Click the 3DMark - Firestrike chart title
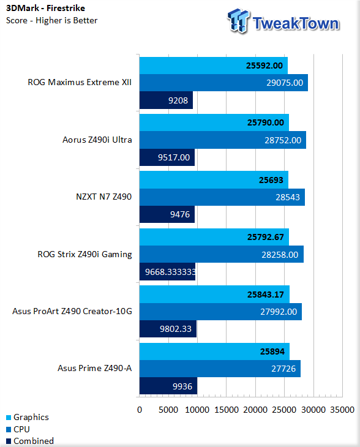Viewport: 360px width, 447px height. pyautogui.click(x=45, y=8)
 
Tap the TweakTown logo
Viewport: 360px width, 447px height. pyautogui.click(x=283, y=21)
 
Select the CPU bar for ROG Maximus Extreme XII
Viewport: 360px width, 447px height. pyautogui.click(x=223, y=83)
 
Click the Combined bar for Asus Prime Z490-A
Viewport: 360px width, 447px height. pyautogui.click(x=168, y=386)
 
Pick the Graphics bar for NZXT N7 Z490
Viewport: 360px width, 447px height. pyautogui.click(x=214, y=180)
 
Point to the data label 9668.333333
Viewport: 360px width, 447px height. pyautogui.click(x=170, y=272)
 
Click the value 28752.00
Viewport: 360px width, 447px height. pyautogui.click(x=283, y=140)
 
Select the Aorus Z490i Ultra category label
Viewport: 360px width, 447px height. pyautogui.click(x=97, y=140)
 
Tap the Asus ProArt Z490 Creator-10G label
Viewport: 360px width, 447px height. pyautogui.click(x=72, y=311)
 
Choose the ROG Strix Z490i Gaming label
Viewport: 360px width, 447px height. pyautogui.click(x=84, y=254)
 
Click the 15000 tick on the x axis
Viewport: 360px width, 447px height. pyautogui.click(x=227, y=410)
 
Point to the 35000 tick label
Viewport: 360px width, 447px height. pyautogui.click(x=342, y=410)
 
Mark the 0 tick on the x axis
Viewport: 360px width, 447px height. pyautogui.click(x=140, y=410)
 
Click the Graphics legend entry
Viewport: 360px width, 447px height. pyautogui.click(x=28, y=417)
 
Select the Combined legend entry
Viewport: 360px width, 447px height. pyautogui.click(x=30, y=441)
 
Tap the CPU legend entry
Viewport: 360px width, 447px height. pyautogui.click(x=18, y=429)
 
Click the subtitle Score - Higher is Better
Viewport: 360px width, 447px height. pyautogui.click(x=51, y=21)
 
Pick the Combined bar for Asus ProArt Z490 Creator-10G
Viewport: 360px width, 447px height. pyautogui.click(x=168, y=329)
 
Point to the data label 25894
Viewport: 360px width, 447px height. pyautogui.click(x=272, y=351)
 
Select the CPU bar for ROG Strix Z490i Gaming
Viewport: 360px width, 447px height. pyautogui.click(x=222, y=254)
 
